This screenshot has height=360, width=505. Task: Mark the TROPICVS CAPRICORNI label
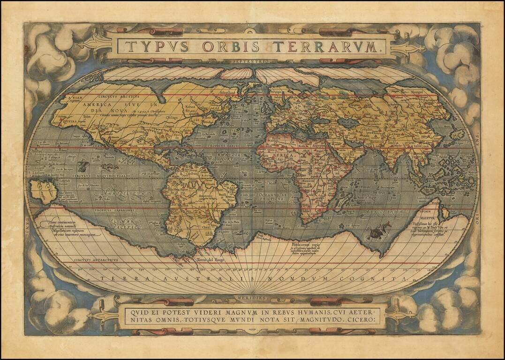click(114, 210)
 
